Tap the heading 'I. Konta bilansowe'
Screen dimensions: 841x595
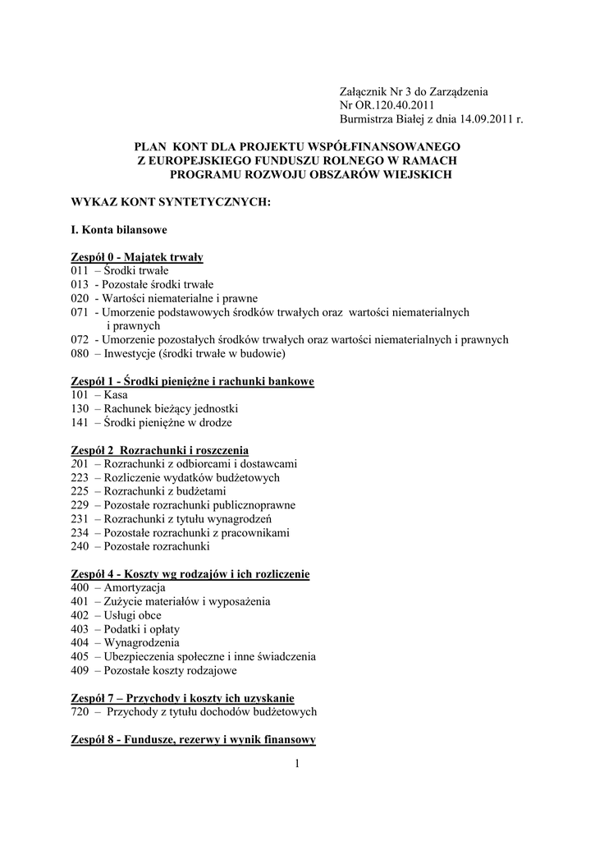click(120, 229)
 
